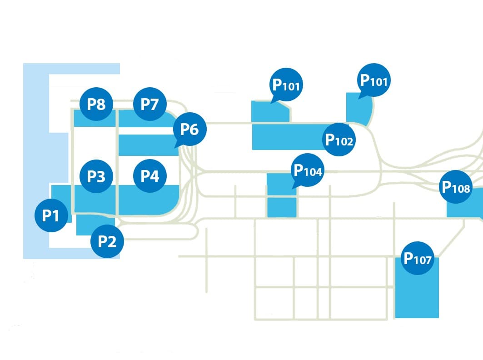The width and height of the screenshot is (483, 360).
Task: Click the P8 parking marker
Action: (96, 105)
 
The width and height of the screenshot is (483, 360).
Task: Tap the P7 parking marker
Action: (149, 105)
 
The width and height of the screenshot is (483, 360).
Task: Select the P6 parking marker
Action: (189, 129)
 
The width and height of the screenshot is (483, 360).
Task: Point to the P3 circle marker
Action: (96, 176)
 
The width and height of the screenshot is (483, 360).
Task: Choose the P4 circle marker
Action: (150, 176)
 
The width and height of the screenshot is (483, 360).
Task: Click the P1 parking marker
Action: (51, 216)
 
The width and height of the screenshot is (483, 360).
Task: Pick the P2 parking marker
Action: (107, 241)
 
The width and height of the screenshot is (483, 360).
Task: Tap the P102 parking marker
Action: (339, 140)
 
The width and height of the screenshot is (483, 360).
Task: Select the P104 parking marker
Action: (308, 170)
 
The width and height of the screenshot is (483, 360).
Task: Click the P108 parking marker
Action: (456, 186)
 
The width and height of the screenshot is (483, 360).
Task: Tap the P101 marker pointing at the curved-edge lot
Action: (373, 80)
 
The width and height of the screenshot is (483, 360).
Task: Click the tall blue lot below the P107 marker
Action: (417, 295)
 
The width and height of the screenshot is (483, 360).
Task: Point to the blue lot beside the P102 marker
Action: (286, 136)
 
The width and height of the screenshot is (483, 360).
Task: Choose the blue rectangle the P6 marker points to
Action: (146, 145)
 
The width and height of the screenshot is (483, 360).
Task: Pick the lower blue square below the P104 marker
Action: (282, 207)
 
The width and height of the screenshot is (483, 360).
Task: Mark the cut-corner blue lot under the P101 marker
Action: (269, 112)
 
